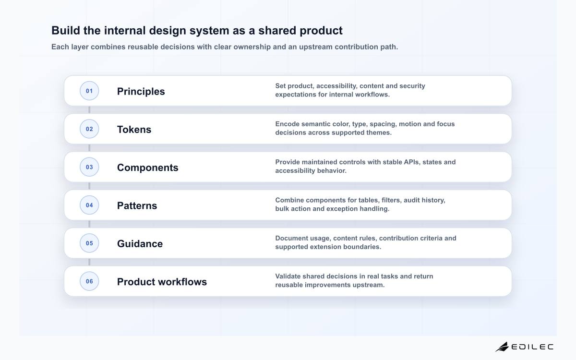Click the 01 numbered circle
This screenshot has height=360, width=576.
tap(89, 91)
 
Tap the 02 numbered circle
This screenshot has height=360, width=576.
tap(89, 129)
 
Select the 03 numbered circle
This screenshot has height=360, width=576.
tap(89, 167)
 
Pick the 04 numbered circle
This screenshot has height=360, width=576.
tap(89, 205)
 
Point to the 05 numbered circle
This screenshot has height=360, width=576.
tap(89, 243)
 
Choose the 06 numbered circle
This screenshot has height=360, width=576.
tap(89, 281)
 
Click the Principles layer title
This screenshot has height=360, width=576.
tap(141, 92)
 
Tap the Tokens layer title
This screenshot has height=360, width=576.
tap(134, 129)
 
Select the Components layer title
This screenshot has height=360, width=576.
tap(148, 168)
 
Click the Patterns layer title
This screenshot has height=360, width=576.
tap(137, 206)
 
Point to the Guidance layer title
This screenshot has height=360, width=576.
tap(140, 244)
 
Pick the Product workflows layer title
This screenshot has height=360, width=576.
tap(162, 282)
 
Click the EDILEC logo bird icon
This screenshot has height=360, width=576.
tap(502, 347)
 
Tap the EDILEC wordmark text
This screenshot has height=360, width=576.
tap(532, 347)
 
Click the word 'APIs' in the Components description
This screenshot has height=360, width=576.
tap(411, 162)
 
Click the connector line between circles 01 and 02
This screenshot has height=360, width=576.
tap(89, 110)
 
